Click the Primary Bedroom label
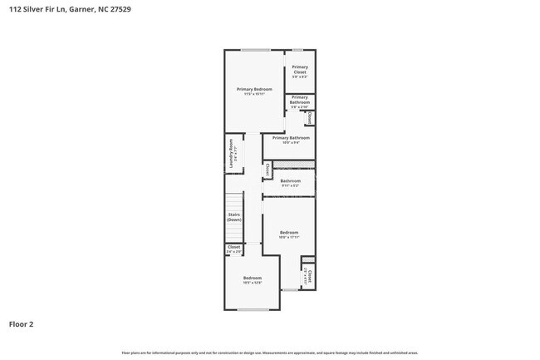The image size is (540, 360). click(x=254, y=91)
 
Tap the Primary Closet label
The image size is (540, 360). click(x=300, y=70)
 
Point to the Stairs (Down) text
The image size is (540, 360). click(x=234, y=217)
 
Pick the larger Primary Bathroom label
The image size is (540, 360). click(x=285, y=140)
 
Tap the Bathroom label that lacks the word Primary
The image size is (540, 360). click(x=290, y=182)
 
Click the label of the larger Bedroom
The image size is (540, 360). click(x=288, y=234)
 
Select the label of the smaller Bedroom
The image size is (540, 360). click(x=253, y=279)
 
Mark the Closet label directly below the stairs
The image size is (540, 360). click(x=234, y=248)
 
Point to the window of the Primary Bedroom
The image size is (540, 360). click(x=254, y=50)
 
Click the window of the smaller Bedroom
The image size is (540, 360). click(x=253, y=309)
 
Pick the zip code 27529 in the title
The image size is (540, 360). click(x=119, y=10)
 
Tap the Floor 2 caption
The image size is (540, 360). click(x=22, y=324)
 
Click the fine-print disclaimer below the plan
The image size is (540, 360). click(x=270, y=353)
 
